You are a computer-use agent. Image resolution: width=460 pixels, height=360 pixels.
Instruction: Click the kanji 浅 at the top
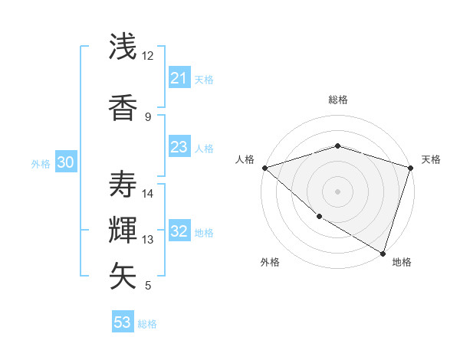click(x=123, y=47)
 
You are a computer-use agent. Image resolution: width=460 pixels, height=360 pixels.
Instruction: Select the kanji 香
click(x=123, y=108)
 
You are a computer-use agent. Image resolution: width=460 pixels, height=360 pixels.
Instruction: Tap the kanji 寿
click(x=123, y=185)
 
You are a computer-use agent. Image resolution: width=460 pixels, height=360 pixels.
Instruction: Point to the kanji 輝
click(x=123, y=231)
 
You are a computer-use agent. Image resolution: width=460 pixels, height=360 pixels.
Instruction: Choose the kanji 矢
click(x=123, y=277)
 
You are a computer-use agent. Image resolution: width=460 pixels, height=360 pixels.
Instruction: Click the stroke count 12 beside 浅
click(x=147, y=56)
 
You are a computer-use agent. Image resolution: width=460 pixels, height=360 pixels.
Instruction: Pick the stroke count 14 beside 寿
click(x=147, y=194)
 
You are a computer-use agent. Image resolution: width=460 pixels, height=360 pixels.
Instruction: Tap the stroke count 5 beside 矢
click(x=147, y=286)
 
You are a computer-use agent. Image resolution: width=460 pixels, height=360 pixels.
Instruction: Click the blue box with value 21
click(x=179, y=77)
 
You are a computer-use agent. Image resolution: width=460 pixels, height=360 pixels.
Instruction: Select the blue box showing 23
click(x=179, y=147)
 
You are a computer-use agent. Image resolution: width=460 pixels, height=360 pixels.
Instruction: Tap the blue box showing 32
click(x=179, y=231)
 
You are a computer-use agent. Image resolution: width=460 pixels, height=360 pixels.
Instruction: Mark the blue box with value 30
click(x=65, y=162)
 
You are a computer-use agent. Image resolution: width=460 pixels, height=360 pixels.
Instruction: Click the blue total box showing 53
click(x=123, y=322)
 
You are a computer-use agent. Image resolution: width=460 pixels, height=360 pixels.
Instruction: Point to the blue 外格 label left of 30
click(x=41, y=163)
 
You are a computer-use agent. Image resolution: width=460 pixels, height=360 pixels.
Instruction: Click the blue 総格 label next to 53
click(x=147, y=324)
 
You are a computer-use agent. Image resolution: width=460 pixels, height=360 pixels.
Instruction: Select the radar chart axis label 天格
click(x=431, y=159)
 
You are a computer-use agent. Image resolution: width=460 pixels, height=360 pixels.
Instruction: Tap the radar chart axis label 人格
click(x=245, y=159)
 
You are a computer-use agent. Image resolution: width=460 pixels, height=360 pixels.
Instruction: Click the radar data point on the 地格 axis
click(x=383, y=253)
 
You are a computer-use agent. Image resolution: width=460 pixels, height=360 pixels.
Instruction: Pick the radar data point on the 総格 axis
click(x=337, y=146)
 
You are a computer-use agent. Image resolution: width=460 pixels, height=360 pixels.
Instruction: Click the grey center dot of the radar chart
click(x=337, y=191)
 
